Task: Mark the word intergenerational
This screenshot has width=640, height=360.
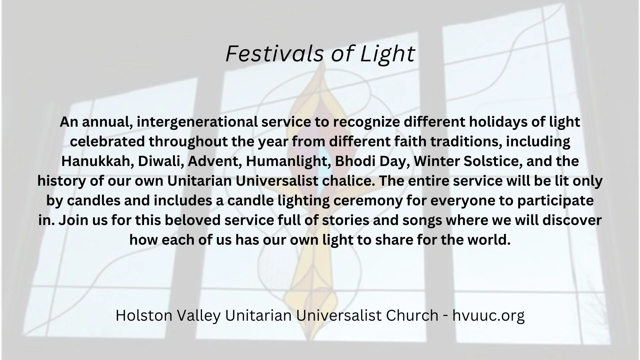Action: (197, 122)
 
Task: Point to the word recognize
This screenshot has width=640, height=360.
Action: (365, 122)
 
